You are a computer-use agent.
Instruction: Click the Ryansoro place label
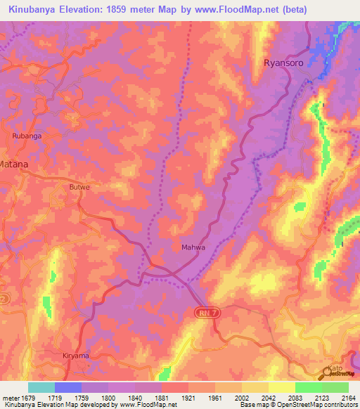285,63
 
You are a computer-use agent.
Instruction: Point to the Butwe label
79,187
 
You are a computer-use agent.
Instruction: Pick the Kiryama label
74,356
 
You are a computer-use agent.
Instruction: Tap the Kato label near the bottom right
336,368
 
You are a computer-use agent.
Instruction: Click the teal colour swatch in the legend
41,387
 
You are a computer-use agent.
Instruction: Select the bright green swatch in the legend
308,387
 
